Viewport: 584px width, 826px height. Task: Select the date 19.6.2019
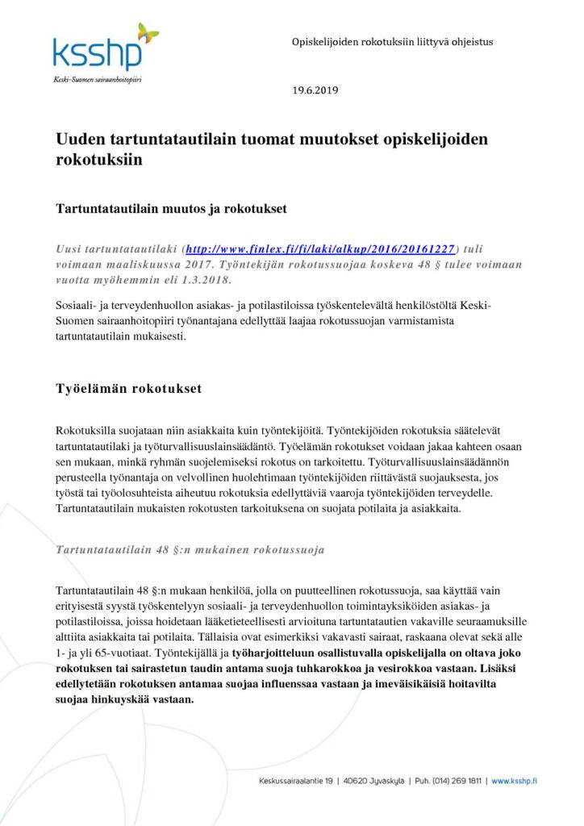316,90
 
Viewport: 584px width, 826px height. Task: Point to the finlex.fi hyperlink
320,250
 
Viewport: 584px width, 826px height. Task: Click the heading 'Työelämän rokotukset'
128,389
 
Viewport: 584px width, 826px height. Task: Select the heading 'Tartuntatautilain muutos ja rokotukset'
172,209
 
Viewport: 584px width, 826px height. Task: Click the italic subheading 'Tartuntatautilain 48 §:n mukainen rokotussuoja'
190,550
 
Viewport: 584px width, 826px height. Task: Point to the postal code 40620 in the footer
356,781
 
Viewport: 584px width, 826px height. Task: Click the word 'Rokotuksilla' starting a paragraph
85,432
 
